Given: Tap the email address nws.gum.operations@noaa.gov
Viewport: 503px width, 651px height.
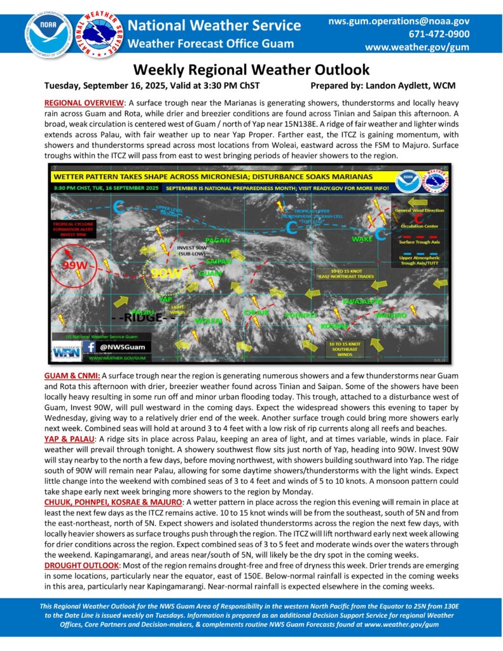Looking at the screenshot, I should point(399,21).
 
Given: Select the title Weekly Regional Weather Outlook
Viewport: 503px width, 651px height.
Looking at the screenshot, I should point(251,69).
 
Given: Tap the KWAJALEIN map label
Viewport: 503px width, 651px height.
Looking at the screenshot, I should point(363,301).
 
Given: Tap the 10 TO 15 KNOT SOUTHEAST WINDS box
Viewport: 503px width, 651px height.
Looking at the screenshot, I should point(343,348).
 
